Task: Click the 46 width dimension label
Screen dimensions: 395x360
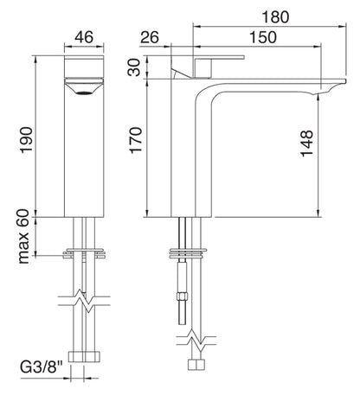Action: [x=84, y=37]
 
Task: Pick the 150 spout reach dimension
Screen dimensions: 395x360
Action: [x=260, y=37]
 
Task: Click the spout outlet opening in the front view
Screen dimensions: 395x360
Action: [x=85, y=87]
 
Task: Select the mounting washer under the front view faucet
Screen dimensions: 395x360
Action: [x=84, y=256]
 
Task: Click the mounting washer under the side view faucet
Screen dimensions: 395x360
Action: [x=187, y=255]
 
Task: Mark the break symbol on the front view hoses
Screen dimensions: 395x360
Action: [x=84, y=303]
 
